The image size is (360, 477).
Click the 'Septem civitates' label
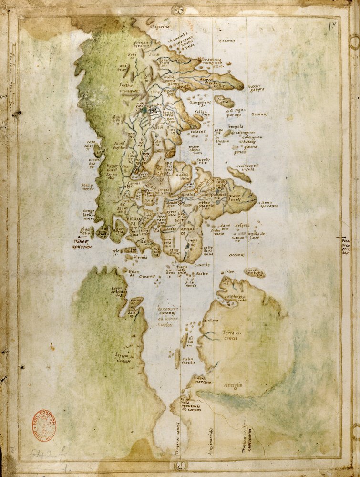[x=123, y=358]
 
